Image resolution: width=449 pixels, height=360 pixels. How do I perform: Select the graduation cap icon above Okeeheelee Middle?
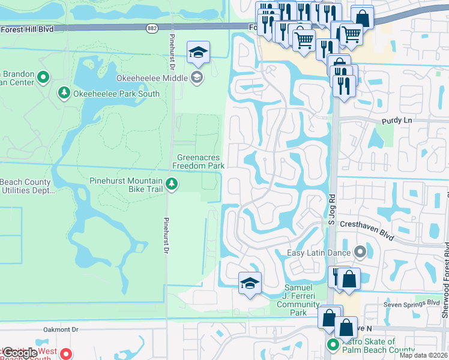pos(197,53)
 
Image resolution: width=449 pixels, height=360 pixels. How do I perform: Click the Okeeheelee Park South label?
pos(116,94)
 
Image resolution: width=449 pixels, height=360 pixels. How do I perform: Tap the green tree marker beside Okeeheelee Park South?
pos(64,93)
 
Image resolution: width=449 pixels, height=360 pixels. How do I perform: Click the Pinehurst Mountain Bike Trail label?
pos(125,185)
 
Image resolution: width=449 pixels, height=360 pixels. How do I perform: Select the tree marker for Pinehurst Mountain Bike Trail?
pos(172,184)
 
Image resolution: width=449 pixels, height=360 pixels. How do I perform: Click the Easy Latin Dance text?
pos(319,253)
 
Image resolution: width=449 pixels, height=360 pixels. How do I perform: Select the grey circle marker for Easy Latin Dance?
pos(360,251)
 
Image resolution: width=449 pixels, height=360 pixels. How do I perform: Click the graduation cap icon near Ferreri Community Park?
pos(250,284)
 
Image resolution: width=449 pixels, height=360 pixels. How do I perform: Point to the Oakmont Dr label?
pos(61,329)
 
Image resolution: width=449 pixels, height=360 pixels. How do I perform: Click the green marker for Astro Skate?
pos(333,344)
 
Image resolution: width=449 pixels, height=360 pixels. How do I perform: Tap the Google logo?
pos(20,353)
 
